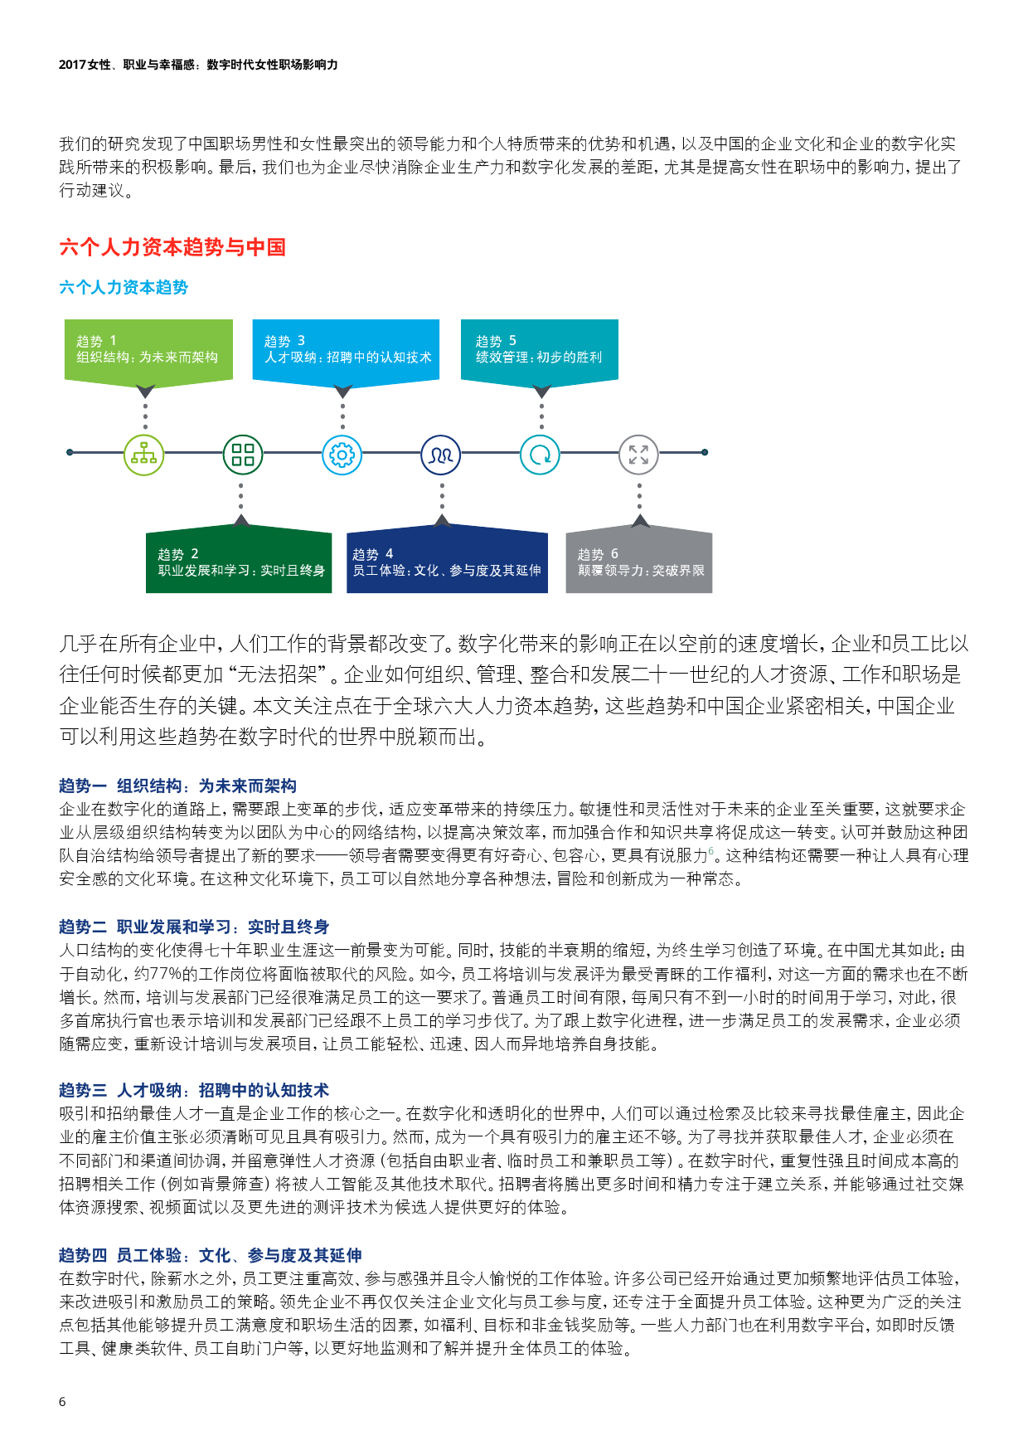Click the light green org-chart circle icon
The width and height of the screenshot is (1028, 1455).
(144, 455)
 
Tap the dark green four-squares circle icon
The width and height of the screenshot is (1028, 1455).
(243, 455)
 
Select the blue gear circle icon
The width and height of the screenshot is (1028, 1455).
(342, 455)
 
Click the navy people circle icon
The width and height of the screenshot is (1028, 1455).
(441, 455)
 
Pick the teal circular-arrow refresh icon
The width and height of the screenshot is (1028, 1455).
(540, 455)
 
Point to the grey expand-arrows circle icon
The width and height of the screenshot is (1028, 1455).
(639, 455)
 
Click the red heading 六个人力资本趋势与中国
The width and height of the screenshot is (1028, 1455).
(172, 247)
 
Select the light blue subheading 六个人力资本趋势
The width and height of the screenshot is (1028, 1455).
(124, 287)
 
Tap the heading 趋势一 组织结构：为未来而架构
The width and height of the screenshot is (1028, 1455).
(177, 786)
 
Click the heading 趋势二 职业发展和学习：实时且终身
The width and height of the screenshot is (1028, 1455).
(194, 927)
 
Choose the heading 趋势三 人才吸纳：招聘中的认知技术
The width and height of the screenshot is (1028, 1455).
(194, 1090)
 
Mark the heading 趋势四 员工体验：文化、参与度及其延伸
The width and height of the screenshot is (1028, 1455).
(211, 1255)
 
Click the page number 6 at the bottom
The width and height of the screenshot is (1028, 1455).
(62, 1401)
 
